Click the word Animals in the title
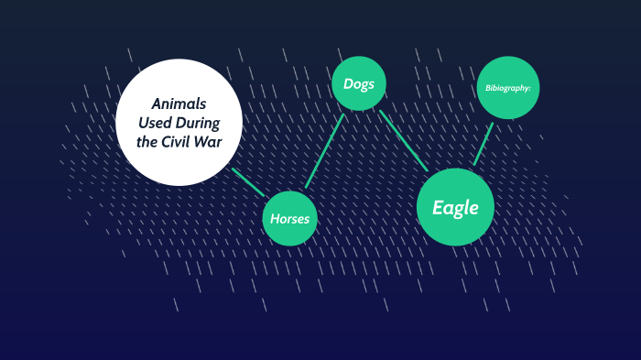[x=179, y=103]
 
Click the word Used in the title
[x=158, y=122]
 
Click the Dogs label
[x=359, y=84]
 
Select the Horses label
[x=290, y=219]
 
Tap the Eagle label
[x=455, y=208]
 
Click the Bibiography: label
[x=508, y=88]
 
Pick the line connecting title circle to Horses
[x=248, y=182]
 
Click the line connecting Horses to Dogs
[x=324, y=151]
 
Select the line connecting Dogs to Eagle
[x=404, y=140]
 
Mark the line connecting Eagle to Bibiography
[x=483, y=144]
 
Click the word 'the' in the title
[x=150, y=141]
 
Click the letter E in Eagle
[x=438, y=208]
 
